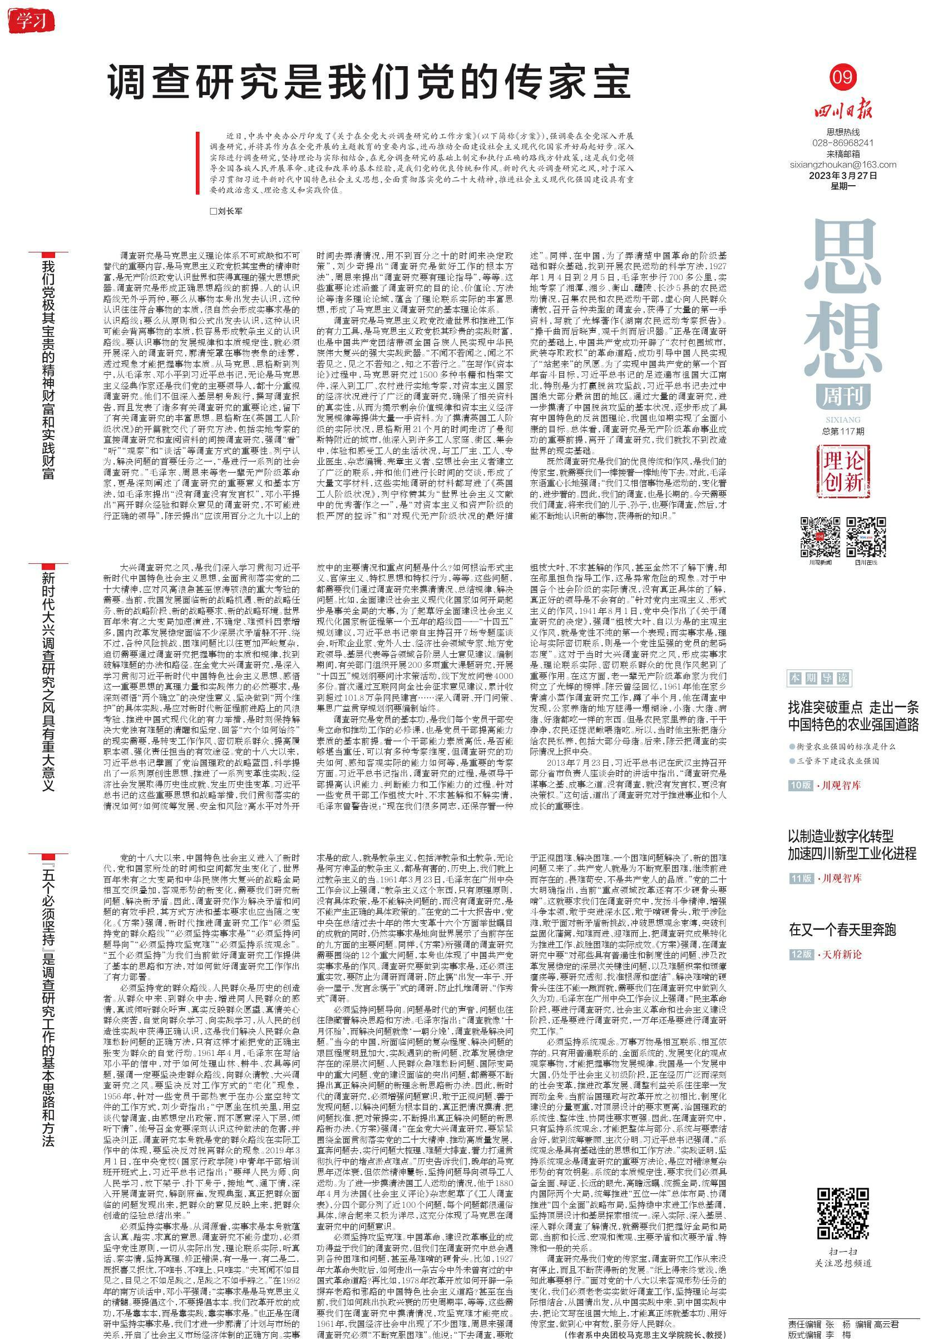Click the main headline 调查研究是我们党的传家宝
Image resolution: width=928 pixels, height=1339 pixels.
[x=369, y=82]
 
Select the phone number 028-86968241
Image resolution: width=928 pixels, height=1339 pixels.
[x=842, y=143]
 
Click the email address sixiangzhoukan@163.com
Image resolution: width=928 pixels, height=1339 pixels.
[x=843, y=165]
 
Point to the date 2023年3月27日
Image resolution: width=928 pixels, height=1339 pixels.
[x=843, y=176]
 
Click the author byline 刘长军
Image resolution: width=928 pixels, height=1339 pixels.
[x=227, y=211]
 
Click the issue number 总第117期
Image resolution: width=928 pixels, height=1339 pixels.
[x=843, y=430]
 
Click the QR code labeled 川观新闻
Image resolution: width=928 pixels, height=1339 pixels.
[x=821, y=537]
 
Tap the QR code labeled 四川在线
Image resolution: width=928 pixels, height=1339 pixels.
[x=865, y=537]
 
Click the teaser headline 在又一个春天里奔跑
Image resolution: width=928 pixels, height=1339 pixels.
[x=842, y=929]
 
